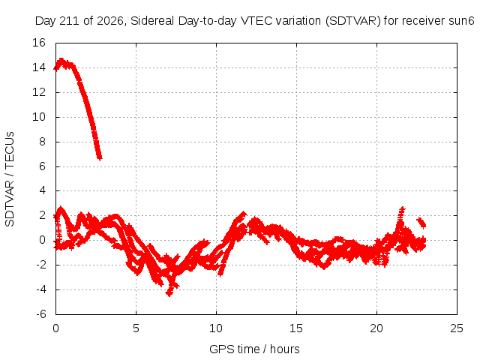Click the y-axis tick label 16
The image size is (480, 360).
[39, 43]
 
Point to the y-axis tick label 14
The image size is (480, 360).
[39, 67]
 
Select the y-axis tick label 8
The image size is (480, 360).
[42, 142]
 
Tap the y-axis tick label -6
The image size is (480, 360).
[41, 314]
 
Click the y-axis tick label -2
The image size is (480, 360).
[41, 265]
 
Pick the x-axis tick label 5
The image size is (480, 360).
[136, 328]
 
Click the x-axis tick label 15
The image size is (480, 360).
[296, 328]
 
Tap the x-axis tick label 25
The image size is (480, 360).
[457, 328]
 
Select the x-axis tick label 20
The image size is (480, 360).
[376, 328]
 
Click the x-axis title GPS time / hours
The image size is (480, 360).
[254, 349]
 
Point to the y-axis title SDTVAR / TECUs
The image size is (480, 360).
[10, 179]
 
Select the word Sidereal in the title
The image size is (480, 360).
[152, 21]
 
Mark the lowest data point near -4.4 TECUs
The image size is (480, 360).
[169, 294]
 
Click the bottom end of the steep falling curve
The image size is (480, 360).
[100, 158]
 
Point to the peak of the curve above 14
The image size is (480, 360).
[61, 60]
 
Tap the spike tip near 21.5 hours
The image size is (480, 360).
[402, 208]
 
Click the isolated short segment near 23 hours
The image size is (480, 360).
[421, 222]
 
